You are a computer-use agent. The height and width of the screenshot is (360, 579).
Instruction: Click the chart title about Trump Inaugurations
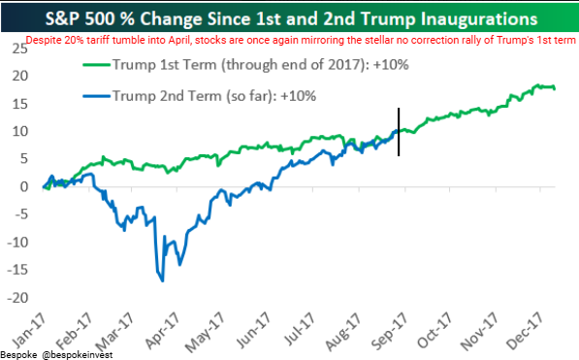291,18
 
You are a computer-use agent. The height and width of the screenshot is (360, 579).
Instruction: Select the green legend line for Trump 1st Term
97,65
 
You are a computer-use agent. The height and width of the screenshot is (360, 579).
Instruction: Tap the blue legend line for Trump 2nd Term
97,96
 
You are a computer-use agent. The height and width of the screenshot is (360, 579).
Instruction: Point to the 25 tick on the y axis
19,49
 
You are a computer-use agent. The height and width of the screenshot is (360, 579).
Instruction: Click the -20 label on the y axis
17,298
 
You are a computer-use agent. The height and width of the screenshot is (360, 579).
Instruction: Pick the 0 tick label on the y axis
24,186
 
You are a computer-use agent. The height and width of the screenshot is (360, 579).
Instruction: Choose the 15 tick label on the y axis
19,104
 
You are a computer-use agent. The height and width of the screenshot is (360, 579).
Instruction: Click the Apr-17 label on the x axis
163,331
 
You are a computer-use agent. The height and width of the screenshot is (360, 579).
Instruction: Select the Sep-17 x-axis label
390,331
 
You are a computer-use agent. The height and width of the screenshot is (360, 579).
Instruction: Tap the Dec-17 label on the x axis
525,331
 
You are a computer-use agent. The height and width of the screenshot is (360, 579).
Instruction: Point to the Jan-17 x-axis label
29,331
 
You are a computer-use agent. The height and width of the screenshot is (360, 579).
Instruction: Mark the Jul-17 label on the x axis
300,329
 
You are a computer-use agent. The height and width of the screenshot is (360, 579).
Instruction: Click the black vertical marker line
399,132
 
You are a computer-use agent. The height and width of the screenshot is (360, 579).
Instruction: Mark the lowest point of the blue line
163,281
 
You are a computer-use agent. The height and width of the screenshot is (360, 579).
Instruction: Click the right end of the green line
554,88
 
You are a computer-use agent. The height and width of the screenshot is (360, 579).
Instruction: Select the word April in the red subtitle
179,40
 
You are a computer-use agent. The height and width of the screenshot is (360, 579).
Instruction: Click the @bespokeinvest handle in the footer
78,355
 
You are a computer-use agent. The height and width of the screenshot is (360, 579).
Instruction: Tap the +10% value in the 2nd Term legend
299,96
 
